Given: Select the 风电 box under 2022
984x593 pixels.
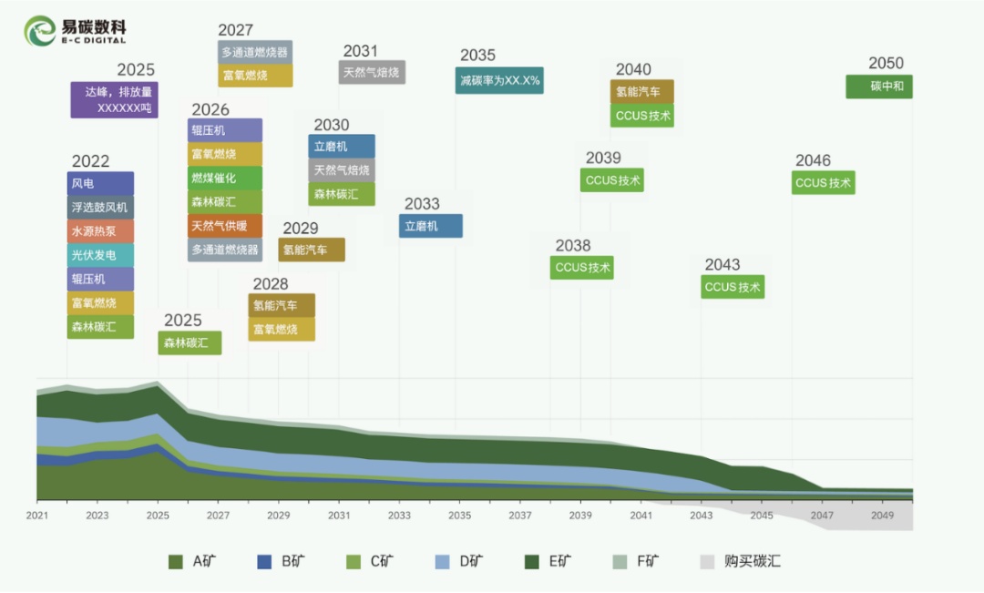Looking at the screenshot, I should [100, 183].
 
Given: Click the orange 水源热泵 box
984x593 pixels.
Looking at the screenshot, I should [100, 231].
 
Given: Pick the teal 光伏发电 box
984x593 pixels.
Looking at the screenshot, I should [100, 255].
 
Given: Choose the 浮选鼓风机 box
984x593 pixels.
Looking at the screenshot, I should [100, 208].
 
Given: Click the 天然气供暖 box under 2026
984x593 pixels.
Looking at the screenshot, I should [225, 226].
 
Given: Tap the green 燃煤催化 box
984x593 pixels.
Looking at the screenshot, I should [225, 179].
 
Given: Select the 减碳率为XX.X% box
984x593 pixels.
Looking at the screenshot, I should [499, 80].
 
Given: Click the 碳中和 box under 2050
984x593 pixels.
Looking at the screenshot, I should [879, 87].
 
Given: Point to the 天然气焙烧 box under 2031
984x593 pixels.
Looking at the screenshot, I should [372, 72].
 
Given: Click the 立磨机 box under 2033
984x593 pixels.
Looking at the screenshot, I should [431, 226].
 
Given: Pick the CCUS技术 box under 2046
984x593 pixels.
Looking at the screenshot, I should [824, 182].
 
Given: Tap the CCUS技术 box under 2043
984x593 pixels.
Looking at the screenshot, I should [733, 287].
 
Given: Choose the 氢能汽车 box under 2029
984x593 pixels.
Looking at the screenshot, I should [312, 250].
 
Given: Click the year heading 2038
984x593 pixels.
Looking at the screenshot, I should [573, 246].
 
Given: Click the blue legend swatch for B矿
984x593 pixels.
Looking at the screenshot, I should [265, 561].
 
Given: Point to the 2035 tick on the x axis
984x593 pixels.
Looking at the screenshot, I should [459, 516].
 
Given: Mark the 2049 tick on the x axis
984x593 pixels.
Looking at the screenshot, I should [882, 516].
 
